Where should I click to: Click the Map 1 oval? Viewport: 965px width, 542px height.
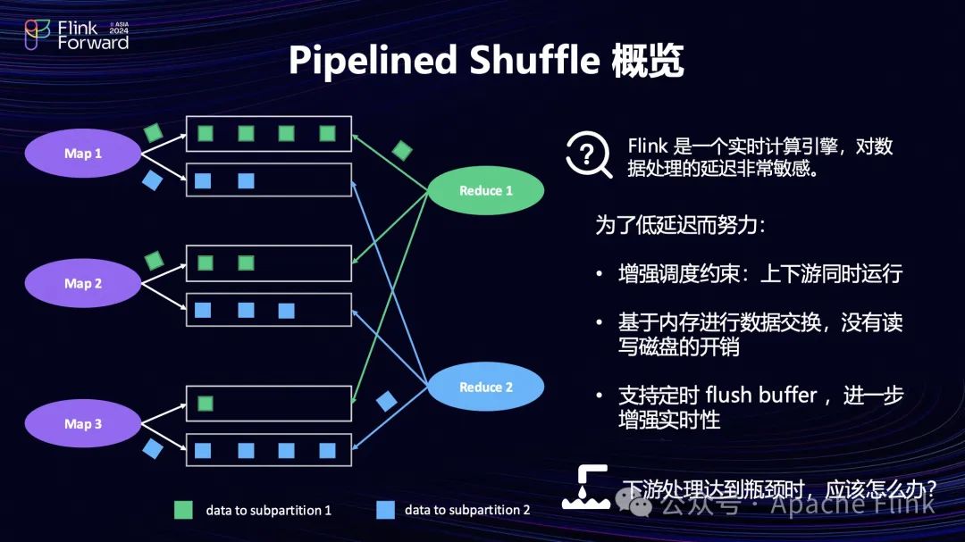click(x=83, y=154)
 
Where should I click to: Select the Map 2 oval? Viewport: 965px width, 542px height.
click(x=83, y=284)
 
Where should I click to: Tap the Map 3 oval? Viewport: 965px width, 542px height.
click(x=83, y=424)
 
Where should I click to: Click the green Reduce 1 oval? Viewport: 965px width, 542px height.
click(x=486, y=191)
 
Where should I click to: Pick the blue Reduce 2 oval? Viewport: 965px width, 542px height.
click(x=486, y=388)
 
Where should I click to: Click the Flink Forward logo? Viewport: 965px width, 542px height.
click(x=77, y=36)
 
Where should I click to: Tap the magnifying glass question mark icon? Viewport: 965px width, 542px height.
click(x=588, y=156)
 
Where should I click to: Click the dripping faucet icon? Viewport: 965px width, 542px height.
click(x=585, y=488)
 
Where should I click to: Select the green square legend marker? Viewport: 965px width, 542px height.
click(x=183, y=510)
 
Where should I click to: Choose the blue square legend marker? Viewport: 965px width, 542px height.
click(x=385, y=510)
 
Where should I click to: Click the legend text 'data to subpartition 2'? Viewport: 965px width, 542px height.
click(x=467, y=510)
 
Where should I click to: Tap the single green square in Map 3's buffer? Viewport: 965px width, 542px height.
click(x=206, y=404)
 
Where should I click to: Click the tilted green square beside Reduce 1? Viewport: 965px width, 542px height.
click(x=403, y=150)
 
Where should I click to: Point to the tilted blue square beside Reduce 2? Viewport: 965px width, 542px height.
click(x=386, y=401)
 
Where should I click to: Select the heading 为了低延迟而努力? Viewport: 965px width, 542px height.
click(x=681, y=225)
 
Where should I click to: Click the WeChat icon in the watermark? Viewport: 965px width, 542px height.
click(x=641, y=505)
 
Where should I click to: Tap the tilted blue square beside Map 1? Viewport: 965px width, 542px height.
click(x=153, y=181)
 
